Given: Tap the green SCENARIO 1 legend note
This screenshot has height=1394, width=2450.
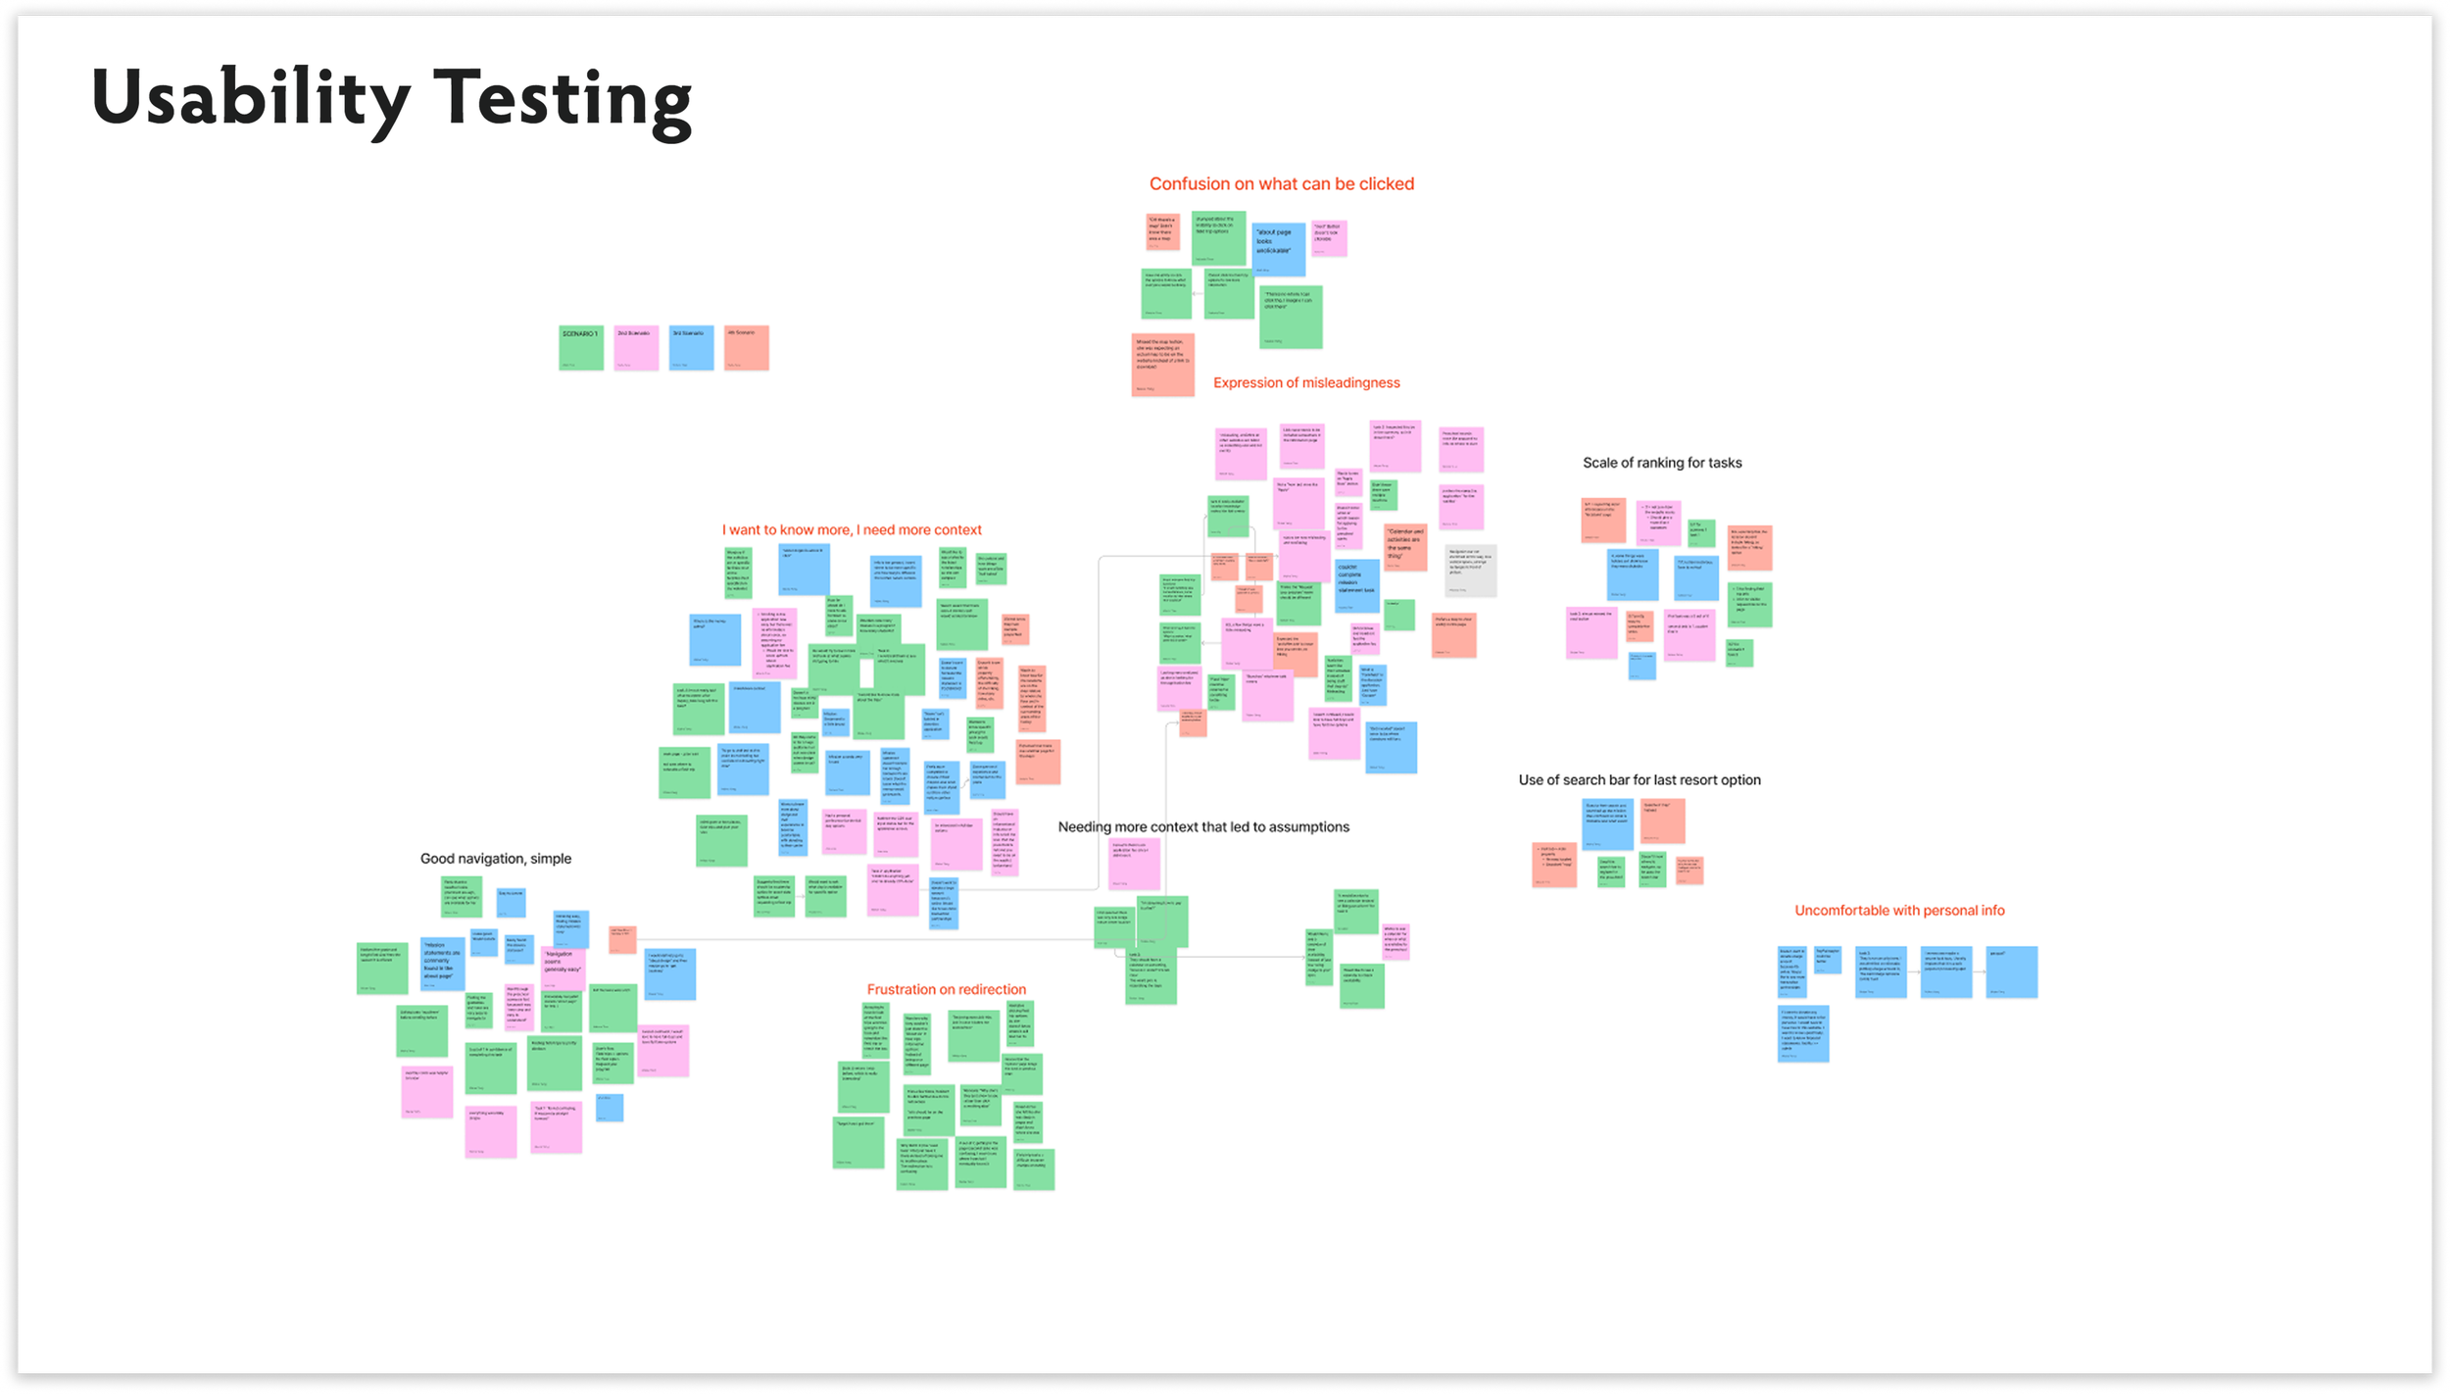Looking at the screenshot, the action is [581, 348].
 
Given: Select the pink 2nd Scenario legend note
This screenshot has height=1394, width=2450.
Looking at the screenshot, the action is [636, 348].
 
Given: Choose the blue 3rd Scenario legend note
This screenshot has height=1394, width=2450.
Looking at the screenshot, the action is [691, 348].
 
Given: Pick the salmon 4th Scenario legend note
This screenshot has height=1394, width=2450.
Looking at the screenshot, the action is [746, 348].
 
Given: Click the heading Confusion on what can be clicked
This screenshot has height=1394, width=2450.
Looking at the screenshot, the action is [1281, 184].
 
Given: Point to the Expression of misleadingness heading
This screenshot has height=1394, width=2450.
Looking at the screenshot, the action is [1306, 383].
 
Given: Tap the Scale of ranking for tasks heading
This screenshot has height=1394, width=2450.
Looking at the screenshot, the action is [1662, 463].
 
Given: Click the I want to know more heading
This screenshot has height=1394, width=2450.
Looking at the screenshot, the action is [852, 530].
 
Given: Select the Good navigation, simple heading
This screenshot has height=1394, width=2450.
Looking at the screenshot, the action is [496, 859].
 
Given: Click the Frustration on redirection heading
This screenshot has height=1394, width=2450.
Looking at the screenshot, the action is [947, 990].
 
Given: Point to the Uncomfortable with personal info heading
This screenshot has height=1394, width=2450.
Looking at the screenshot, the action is [1899, 911].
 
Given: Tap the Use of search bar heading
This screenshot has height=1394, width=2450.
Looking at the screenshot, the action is [1640, 780].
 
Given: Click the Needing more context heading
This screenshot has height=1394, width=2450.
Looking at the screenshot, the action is [1203, 827].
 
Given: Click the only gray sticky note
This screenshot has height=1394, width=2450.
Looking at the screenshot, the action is [1470, 571].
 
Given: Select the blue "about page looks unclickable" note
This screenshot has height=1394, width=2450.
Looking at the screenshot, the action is [1279, 249].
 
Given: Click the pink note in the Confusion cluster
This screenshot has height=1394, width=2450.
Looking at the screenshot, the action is [1330, 238].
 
